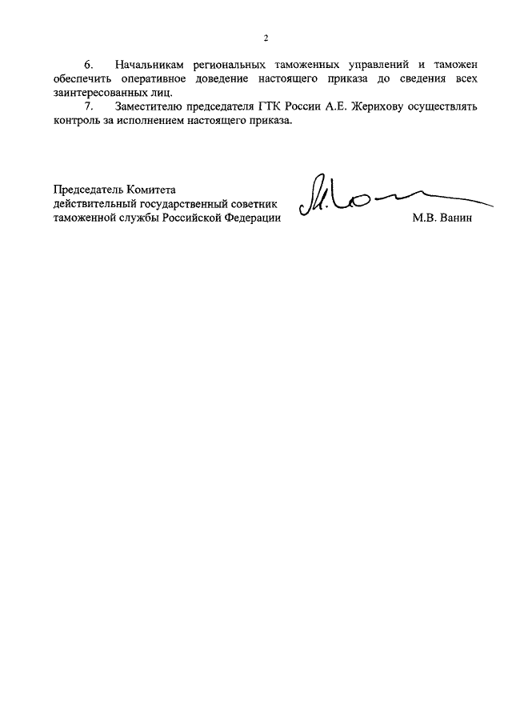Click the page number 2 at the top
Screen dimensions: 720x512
click(x=266, y=38)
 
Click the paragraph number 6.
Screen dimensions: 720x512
click(x=89, y=62)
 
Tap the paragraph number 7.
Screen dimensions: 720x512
click(x=89, y=106)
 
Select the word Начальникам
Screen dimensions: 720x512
click(x=154, y=62)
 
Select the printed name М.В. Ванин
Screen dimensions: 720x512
click(x=443, y=219)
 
